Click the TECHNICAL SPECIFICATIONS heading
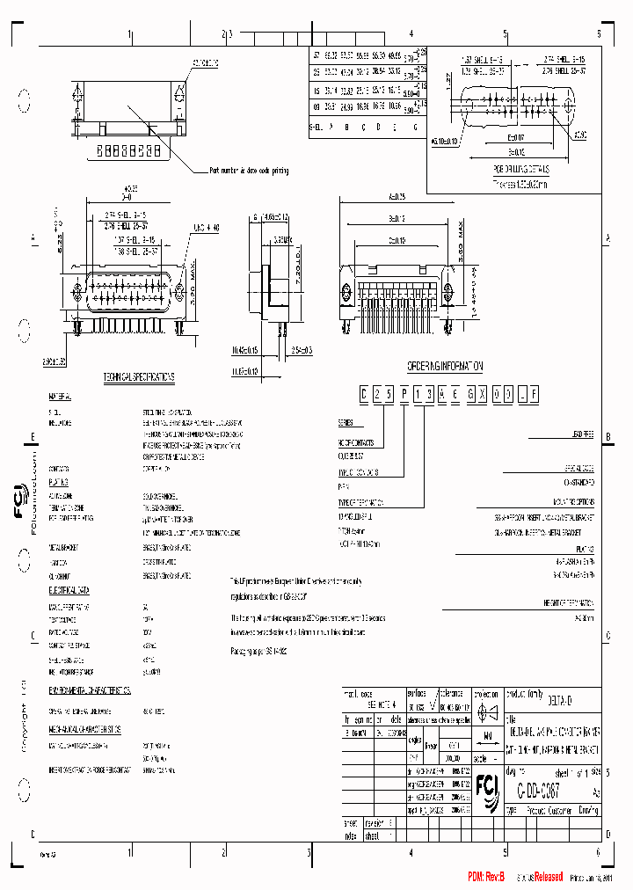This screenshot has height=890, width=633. pos(139,376)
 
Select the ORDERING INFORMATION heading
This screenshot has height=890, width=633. pos(445,363)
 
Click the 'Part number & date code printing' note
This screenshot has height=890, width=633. pos(249,171)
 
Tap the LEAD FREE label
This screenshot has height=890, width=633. pos(578,434)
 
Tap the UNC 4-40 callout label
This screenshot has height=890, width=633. pos(205,229)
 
